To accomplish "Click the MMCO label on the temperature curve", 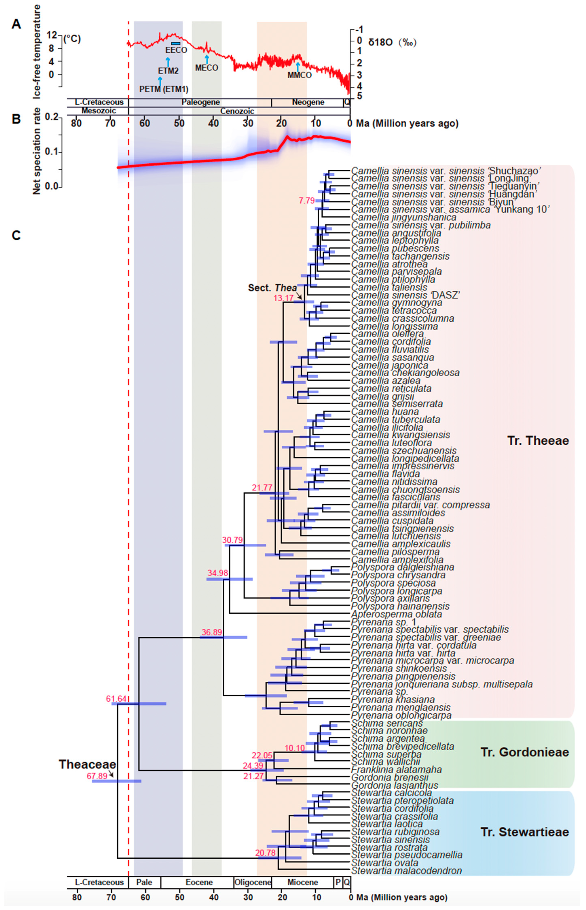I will click(299, 75).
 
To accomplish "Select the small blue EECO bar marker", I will click(175, 44).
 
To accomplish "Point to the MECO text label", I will click(207, 68).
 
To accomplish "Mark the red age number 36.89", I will click(212, 632).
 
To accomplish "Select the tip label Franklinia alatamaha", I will click(396, 769).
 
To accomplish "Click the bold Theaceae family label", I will click(87, 764).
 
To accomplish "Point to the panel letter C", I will click(16, 236).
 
